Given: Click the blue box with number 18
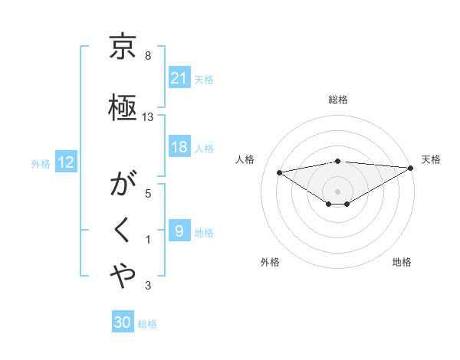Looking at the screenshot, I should [179, 147].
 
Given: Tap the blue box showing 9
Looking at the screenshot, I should [179, 231].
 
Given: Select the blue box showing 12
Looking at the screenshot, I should [65, 162].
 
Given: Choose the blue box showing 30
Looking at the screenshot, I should [123, 322].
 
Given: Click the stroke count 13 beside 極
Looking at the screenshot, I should [148, 116].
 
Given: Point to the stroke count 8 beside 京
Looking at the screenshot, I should [147, 56].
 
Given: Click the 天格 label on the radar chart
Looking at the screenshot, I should [431, 159].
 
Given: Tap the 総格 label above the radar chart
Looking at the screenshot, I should [337, 100].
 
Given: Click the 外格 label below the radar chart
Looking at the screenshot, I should [270, 262].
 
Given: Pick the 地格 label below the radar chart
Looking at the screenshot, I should [402, 262].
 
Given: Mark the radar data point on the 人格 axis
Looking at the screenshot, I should [280, 172].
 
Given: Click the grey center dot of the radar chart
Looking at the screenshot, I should [337, 190].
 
